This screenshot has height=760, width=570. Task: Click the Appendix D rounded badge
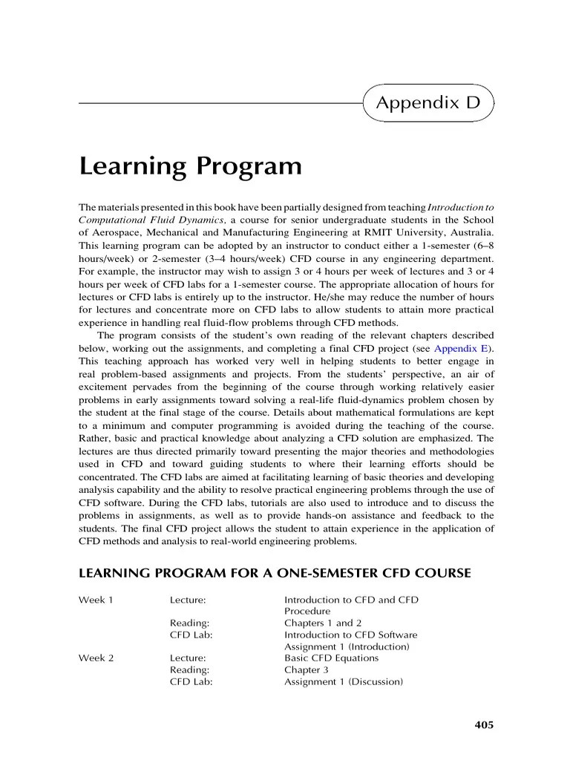click(x=428, y=103)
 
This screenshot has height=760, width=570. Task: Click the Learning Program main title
click(x=190, y=166)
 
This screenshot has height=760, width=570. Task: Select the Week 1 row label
click(x=96, y=600)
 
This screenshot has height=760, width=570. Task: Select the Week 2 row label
click(x=96, y=658)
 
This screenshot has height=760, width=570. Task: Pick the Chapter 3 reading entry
click(x=308, y=669)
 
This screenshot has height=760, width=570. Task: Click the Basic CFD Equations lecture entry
click(x=331, y=658)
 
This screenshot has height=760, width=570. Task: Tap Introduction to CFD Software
click(x=350, y=635)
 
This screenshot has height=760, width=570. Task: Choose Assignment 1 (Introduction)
click(x=347, y=646)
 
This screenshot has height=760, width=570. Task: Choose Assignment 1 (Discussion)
click(x=344, y=681)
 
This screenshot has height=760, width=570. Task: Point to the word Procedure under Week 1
click(x=307, y=612)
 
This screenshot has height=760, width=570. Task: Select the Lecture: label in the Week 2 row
click(x=188, y=658)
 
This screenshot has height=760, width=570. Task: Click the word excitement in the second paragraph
click(x=108, y=387)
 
